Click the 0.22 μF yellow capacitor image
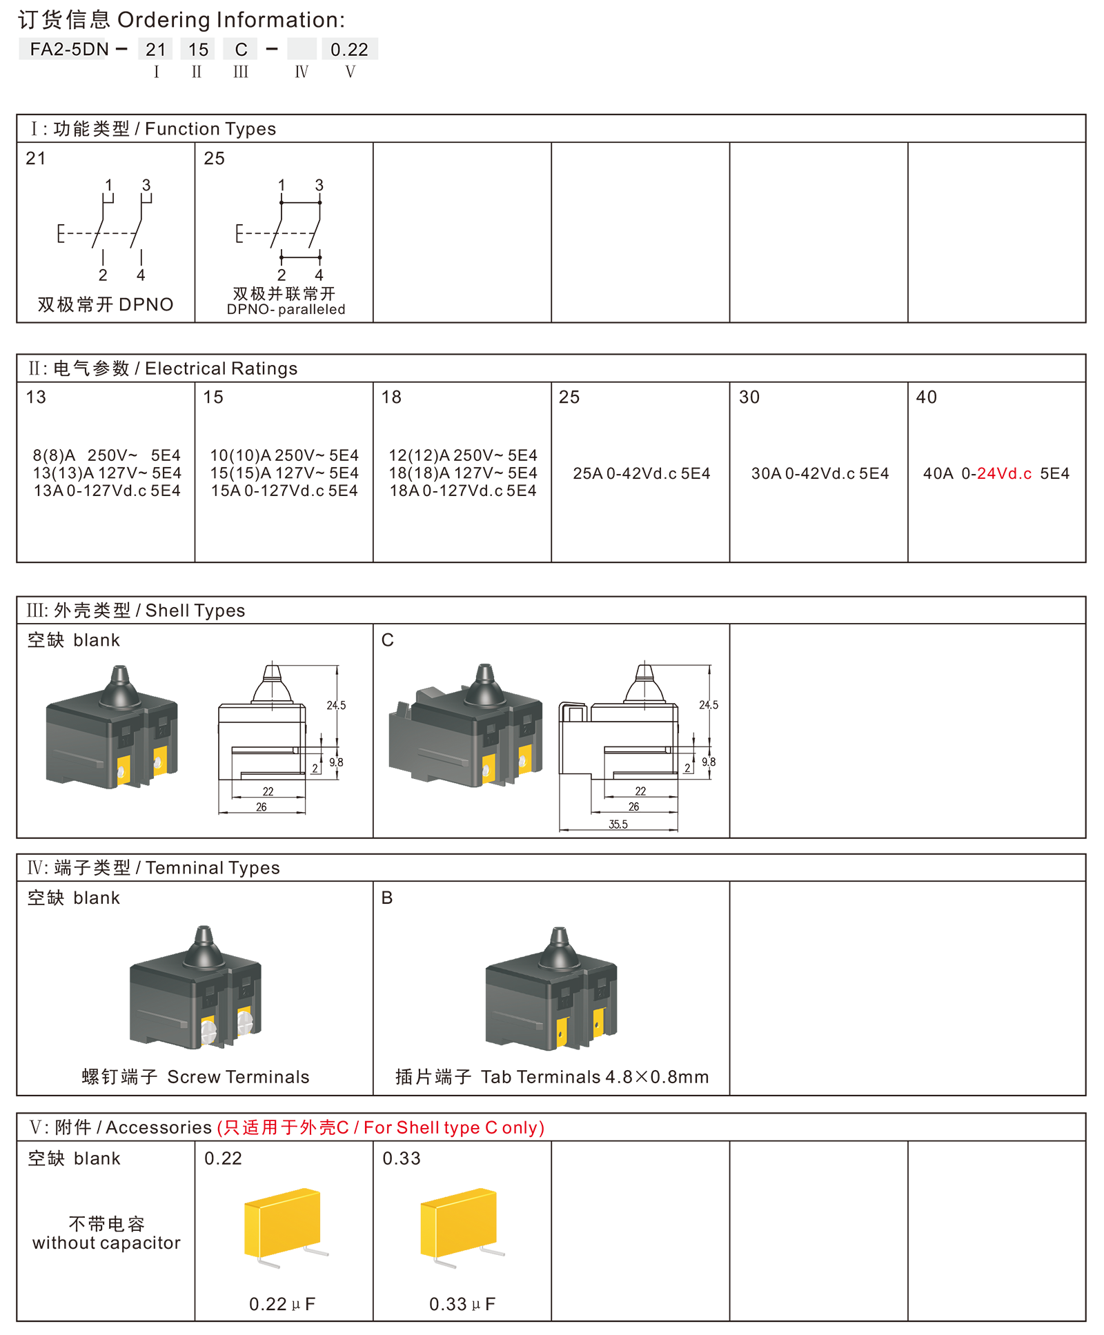(x=284, y=1226)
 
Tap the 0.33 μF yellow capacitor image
(x=461, y=1226)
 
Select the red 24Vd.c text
(x=1004, y=473)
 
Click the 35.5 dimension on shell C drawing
(x=618, y=824)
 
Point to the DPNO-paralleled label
(x=286, y=310)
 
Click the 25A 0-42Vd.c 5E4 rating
(x=641, y=473)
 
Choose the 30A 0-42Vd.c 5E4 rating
(x=820, y=473)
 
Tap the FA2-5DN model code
(x=69, y=49)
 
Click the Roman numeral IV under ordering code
(x=302, y=72)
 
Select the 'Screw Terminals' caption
(x=238, y=1077)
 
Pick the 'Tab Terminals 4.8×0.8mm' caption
(x=595, y=1077)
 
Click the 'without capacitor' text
(x=106, y=1243)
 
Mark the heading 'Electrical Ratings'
(x=221, y=368)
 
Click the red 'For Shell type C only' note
(x=453, y=1127)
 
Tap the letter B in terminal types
(x=387, y=898)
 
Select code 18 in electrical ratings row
(x=391, y=397)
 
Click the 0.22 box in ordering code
(x=349, y=49)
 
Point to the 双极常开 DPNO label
(x=106, y=304)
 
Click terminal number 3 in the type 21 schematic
(x=146, y=185)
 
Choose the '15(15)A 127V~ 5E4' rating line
(x=284, y=473)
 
